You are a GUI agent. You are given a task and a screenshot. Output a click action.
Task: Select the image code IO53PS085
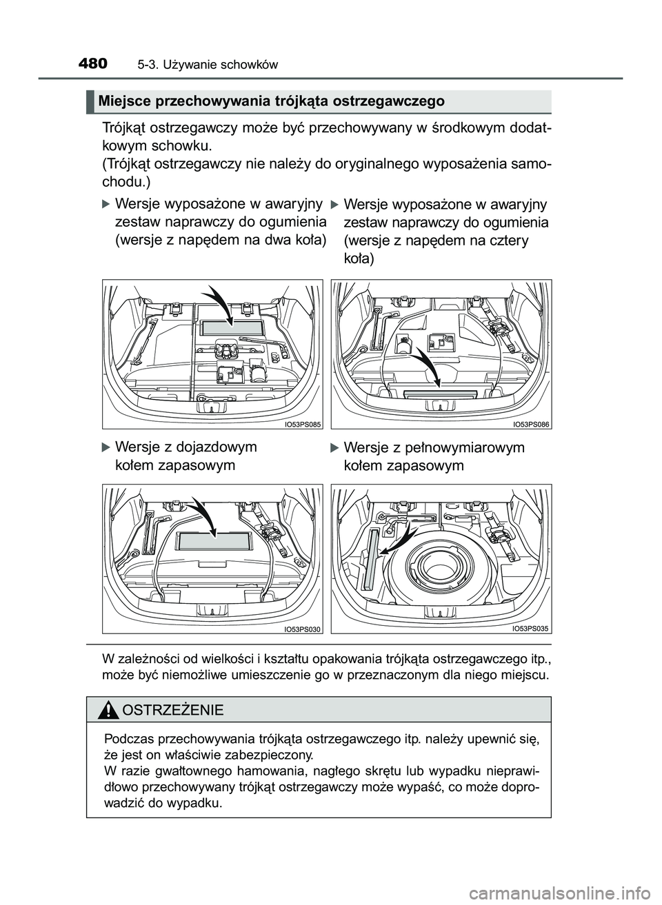[302, 425]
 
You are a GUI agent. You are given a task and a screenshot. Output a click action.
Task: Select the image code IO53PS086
[531, 425]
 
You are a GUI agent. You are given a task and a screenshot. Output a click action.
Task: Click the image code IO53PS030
[302, 629]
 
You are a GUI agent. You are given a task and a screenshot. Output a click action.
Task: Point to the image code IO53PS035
[531, 629]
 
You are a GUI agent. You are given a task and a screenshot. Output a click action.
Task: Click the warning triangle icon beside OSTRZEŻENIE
[108, 709]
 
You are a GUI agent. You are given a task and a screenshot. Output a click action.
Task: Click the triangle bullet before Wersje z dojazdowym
[106, 447]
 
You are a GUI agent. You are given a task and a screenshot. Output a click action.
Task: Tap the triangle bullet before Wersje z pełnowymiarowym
[334, 449]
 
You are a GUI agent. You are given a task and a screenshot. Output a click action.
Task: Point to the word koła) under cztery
[359, 259]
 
